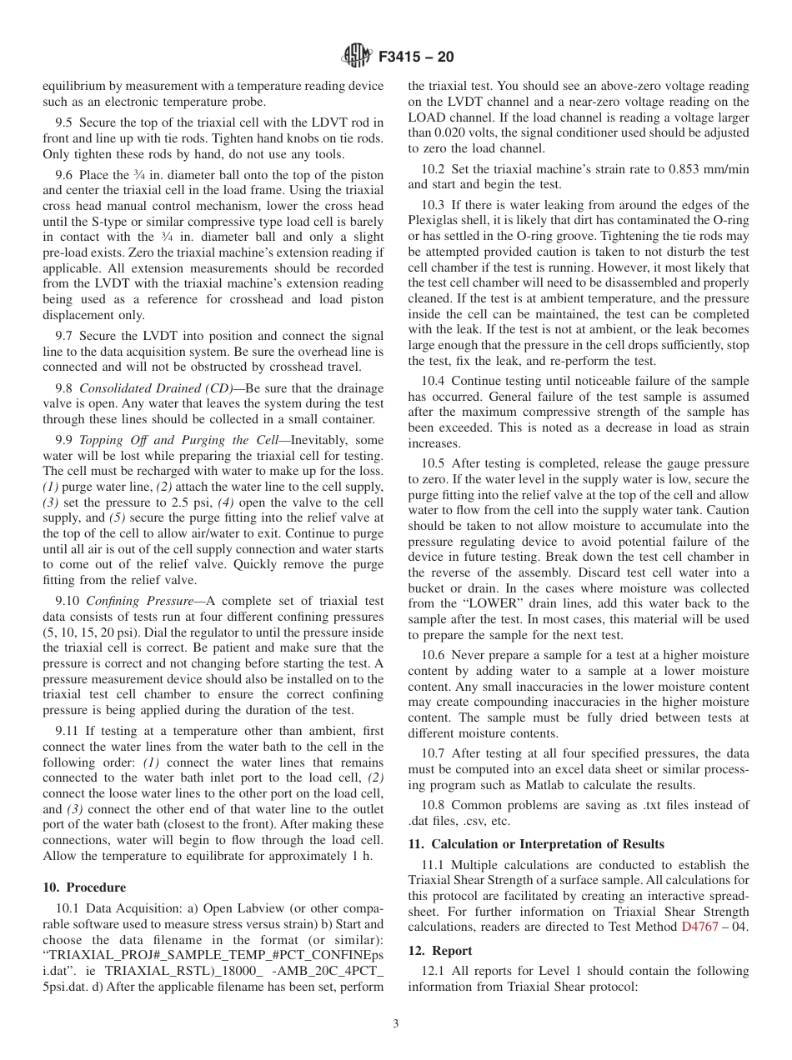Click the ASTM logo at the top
(357, 57)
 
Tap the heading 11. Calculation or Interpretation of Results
(536, 843)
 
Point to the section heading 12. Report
(440, 950)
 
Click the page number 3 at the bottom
(395, 1022)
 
